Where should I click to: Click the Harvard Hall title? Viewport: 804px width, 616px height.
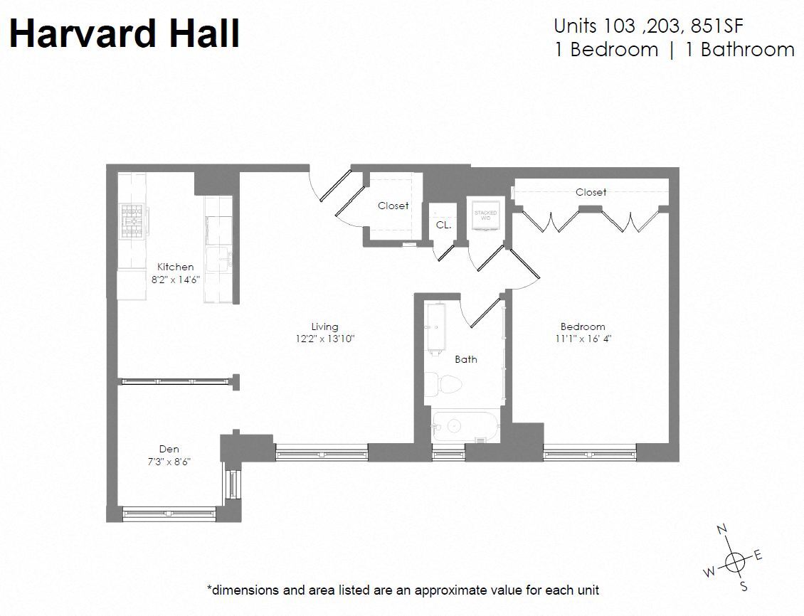[125, 33]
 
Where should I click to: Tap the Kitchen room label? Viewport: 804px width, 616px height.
[175, 267]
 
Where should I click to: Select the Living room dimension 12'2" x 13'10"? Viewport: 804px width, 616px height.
[324, 339]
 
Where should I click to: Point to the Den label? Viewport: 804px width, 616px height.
[169, 449]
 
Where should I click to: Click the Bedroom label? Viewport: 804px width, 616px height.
[582, 326]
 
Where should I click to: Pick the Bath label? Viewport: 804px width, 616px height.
[466, 359]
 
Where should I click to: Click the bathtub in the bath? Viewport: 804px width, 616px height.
[466, 426]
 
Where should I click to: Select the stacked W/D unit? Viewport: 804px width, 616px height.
[486, 215]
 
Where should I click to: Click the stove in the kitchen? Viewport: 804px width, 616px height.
[133, 220]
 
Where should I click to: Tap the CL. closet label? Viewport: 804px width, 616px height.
[443, 224]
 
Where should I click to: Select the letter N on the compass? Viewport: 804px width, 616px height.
[721, 530]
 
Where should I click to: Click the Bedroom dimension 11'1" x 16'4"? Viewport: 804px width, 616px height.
[583, 339]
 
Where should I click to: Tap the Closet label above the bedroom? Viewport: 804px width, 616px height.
[591, 192]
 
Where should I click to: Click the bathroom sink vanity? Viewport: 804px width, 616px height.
[433, 326]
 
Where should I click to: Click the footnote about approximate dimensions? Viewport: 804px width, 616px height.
[403, 590]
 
